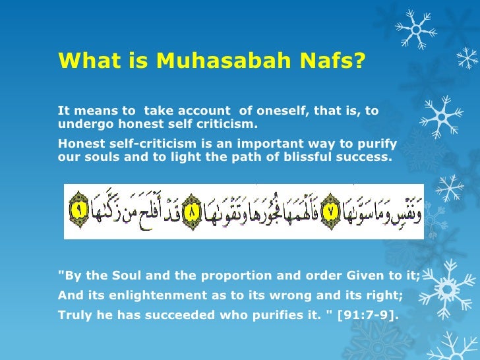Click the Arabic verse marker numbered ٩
point(78,211)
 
